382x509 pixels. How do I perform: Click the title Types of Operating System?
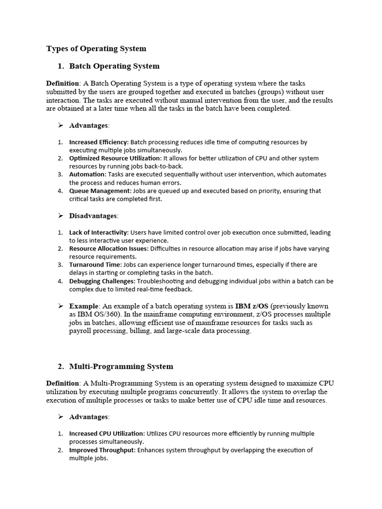pos(96,49)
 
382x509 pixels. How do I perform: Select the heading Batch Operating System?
pos(114,66)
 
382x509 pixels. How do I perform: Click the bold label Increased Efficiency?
pos(98,142)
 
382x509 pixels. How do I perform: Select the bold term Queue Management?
pos(100,191)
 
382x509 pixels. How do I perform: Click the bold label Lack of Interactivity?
pos(98,233)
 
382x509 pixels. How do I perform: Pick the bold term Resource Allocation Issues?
pos(108,249)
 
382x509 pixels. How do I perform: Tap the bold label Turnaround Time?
pos(95,265)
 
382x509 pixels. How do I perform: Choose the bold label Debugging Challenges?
pos(101,281)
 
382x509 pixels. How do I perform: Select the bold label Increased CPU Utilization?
pos(107,434)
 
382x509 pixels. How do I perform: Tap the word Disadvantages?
pos(93,216)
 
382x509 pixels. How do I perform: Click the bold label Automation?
pos(87,174)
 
